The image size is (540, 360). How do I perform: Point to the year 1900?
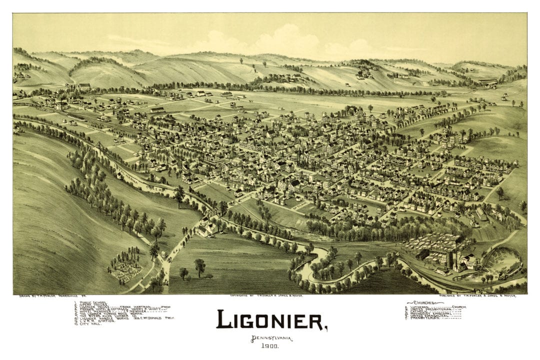tap(271, 346)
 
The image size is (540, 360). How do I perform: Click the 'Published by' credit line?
tap(477, 296)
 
